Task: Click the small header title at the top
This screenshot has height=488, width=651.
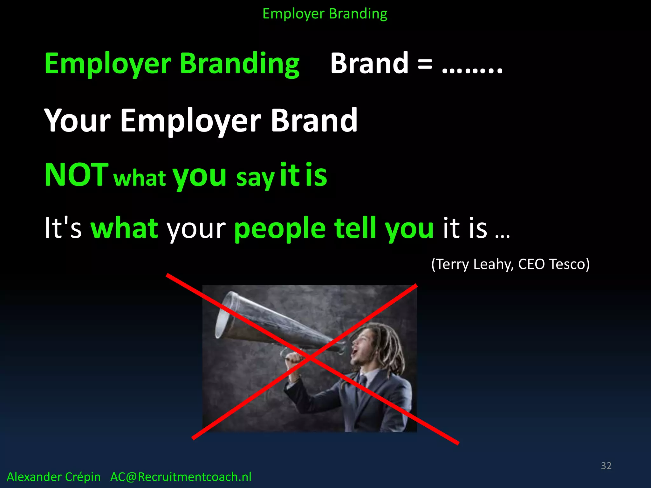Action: point(325,14)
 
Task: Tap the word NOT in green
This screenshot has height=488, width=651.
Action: point(76,175)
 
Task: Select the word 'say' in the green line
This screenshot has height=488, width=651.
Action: point(255,178)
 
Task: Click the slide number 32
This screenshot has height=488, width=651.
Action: point(606,466)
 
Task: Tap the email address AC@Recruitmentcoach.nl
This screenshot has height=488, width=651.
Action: point(181,477)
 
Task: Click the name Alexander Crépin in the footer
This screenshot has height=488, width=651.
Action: point(53,477)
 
